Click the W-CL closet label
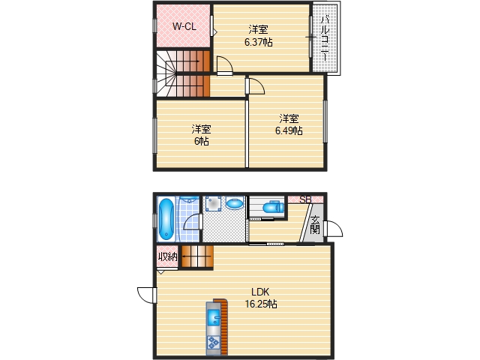coord(184,27)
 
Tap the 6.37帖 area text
coord(258,43)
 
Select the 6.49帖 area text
coord(289,130)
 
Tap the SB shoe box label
coord(305,199)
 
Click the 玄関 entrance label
coord(315,224)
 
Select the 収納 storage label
coord(167,257)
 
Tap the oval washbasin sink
coord(235,203)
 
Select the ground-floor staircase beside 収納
coord(196,257)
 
